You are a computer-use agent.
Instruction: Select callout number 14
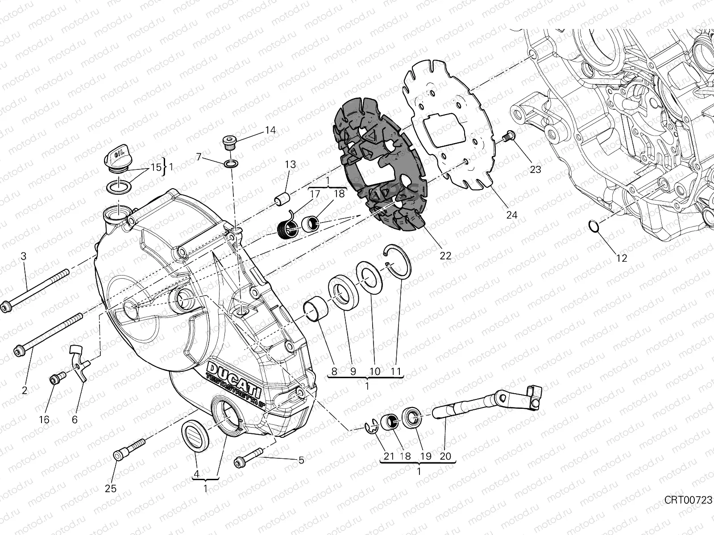[270, 130]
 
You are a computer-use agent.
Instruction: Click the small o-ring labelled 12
[592, 226]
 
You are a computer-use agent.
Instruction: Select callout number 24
[511, 215]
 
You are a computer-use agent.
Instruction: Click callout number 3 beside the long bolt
[24, 256]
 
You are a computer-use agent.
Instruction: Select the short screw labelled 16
[55, 379]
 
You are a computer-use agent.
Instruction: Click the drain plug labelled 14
[229, 143]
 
